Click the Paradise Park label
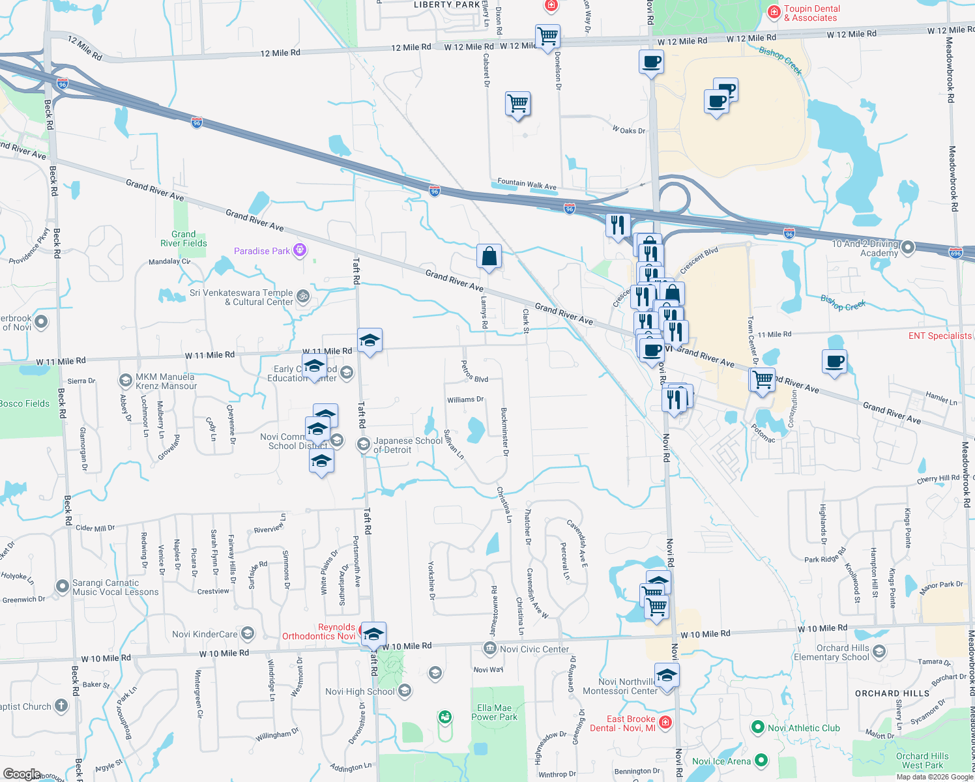point(262,251)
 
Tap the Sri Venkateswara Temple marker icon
point(303,297)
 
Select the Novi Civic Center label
point(534,649)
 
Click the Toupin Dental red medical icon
point(774,12)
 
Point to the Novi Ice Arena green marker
point(761,760)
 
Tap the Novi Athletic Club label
point(804,728)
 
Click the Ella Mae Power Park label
point(495,712)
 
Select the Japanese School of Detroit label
point(407,445)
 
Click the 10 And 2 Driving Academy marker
point(908,248)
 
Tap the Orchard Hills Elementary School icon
point(879,652)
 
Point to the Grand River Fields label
point(184,239)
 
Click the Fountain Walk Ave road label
point(527,184)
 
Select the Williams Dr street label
point(465,399)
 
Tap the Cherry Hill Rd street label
point(938,479)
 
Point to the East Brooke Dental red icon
point(665,722)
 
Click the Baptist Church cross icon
point(61,706)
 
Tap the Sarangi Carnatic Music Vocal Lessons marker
point(62,586)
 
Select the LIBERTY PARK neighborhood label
point(447,5)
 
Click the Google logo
point(22,774)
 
